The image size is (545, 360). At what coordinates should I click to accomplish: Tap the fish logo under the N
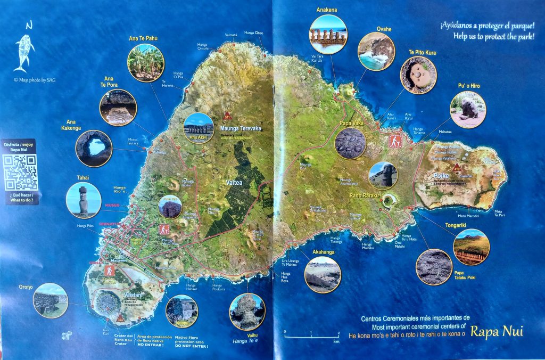tap(24, 52)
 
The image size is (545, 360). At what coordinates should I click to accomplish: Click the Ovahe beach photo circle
tap(376, 52)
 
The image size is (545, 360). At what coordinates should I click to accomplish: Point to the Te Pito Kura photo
tap(418, 75)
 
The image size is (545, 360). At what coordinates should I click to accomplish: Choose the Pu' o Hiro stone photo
tap(468, 109)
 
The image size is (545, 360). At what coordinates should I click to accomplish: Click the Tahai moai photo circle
tap(84, 200)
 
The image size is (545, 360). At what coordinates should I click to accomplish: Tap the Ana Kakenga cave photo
tap(94, 149)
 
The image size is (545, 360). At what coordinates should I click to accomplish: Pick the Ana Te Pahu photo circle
tap(145, 63)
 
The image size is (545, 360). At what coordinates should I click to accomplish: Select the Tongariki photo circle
tap(471, 247)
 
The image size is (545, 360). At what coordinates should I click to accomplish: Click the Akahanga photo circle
tap(323, 275)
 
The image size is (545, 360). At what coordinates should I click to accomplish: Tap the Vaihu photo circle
tap(247, 312)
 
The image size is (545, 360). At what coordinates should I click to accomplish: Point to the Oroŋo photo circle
tap(50, 300)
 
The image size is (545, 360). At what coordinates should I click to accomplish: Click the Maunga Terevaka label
tap(240, 128)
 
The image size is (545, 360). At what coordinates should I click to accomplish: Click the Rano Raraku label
tap(364, 195)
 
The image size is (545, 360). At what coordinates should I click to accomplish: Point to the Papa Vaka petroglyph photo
tap(350, 143)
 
